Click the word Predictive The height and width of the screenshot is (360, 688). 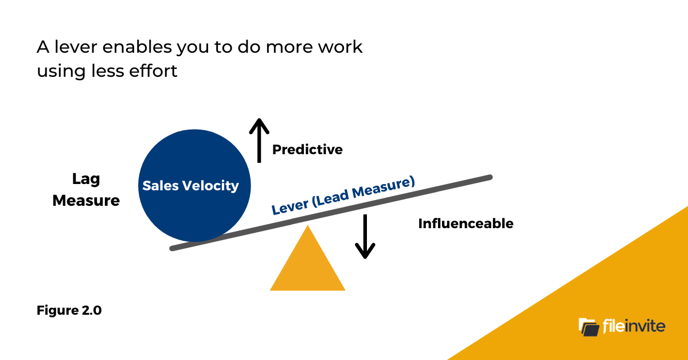point(307,150)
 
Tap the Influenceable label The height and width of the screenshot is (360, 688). point(466,224)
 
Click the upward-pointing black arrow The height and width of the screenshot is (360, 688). point(259,140)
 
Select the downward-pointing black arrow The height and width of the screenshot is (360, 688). point(365,236)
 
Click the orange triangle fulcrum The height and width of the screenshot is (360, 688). point(308,267)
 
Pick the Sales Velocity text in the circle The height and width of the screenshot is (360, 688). point(191,186)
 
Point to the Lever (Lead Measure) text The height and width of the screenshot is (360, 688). point(343,196)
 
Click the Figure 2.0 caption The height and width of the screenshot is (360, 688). point(69,311)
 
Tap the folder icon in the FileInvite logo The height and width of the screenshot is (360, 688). point(589,327)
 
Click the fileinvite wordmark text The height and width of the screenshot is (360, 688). point(634,327)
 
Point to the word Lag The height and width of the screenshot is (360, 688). point(86,179)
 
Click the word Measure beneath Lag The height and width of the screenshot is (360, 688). point(86,201)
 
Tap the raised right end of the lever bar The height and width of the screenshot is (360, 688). point(487,178)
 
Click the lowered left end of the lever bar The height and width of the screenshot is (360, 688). point(175,248)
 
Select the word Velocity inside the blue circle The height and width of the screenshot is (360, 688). point(214,186)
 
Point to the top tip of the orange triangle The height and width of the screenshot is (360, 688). point(308,227)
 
